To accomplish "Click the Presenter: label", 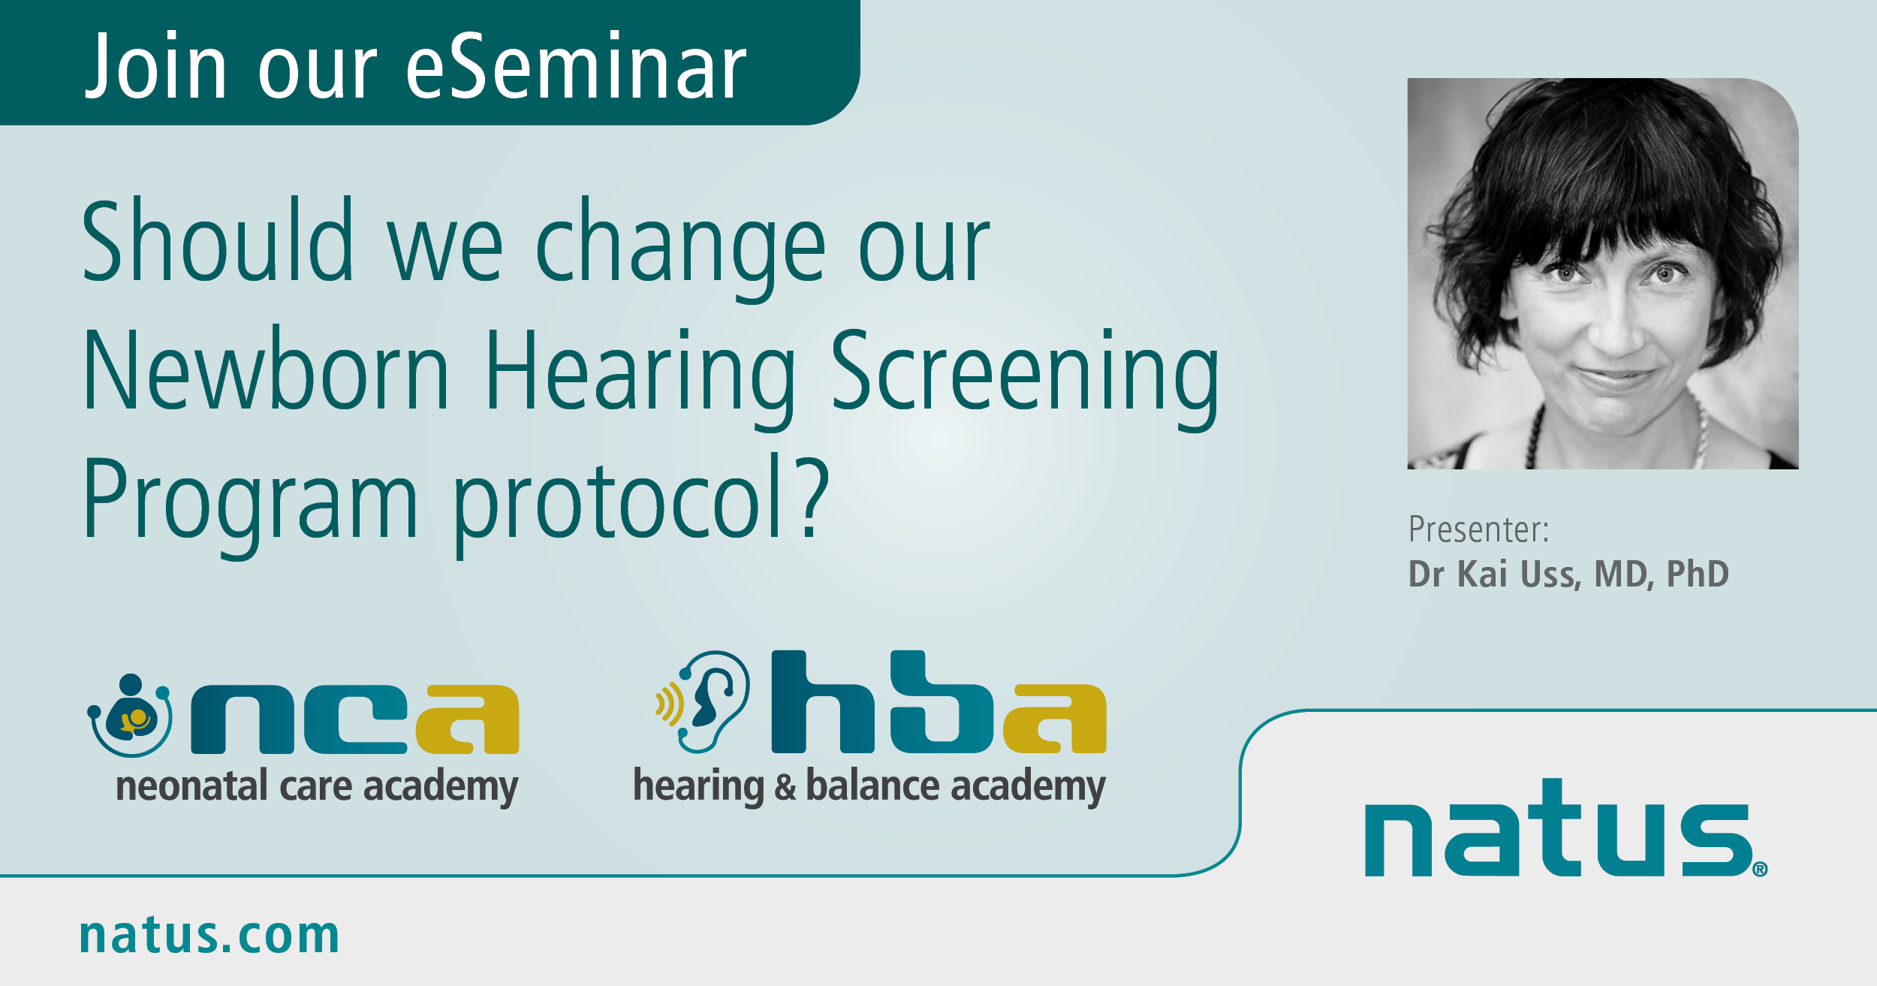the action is tap(1478, 529).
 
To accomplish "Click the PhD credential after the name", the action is tap(1698, 574).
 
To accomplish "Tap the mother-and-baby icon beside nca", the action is tap(130, 715).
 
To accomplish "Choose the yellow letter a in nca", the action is tap(468, 719).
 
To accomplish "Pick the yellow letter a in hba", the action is tap(1055, 719).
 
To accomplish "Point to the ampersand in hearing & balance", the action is tap(785, 786).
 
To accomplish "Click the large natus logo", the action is tap(1565, 827).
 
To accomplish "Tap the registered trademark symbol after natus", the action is tap(1760, 870).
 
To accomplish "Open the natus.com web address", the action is tap(209, 936).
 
